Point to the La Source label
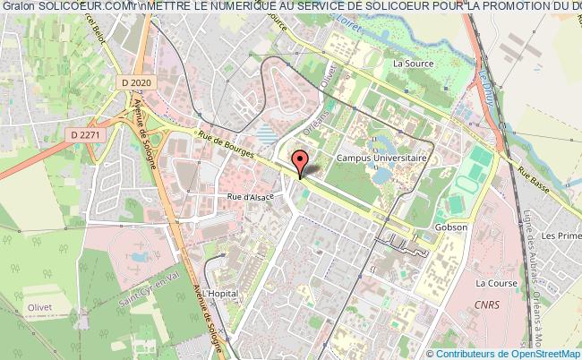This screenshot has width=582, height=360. (413, 64)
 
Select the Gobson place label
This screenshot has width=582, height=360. (451, 227)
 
